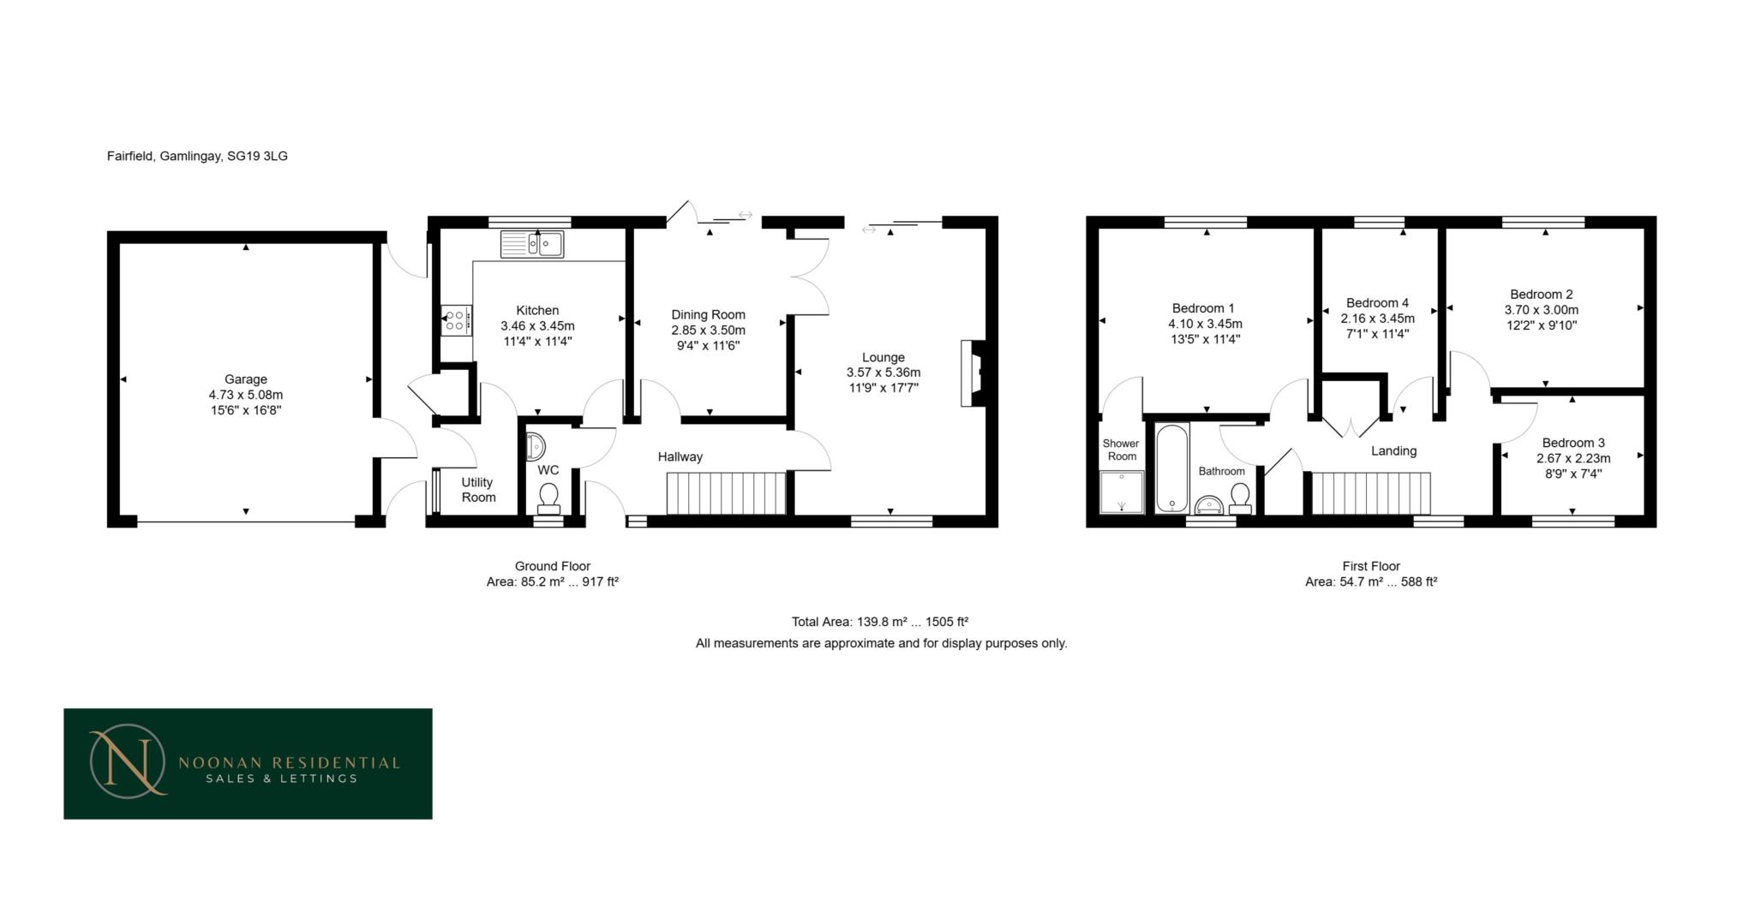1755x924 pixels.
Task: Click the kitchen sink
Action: (x=532, y=244)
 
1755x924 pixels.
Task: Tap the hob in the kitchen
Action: (x=456, y=320)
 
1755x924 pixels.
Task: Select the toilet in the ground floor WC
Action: (x=548, y=498)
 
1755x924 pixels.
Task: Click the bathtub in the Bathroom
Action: (x=1171, y=468)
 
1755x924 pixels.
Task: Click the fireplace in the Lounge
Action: (x=973, y=373)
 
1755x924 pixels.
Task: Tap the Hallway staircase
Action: (x=726, y=492)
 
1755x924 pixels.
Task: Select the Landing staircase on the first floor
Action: (x=1371, y=493)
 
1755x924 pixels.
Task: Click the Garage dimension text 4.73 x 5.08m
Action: (x=245, y=395)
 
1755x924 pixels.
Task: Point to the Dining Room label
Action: (x=708, y=314)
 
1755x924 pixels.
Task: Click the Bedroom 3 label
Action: (x=1573, y=443)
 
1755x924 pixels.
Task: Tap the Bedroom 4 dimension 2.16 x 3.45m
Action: (x=1377, y=319)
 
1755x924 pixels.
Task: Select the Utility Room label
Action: (x=478, y=490)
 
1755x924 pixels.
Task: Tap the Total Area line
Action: (x=879, y=622)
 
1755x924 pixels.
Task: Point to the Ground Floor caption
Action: (x=552, y=566)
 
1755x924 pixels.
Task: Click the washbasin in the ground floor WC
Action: (x=535, y=446)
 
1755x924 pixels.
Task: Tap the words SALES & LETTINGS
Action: (x=281, y=778)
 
